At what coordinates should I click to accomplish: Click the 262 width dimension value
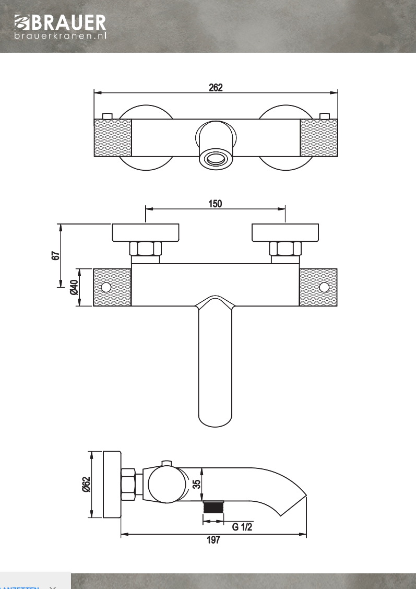point(216,88)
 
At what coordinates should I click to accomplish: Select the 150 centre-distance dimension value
point(215,204)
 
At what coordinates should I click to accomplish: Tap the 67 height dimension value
point(56,255)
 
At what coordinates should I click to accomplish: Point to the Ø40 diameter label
point(74,287)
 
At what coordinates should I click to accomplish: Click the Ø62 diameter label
point(86,485)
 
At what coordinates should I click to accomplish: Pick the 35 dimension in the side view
point(196,484)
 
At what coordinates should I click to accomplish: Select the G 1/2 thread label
point(242,527)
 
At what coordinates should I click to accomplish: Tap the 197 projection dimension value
point(213,540)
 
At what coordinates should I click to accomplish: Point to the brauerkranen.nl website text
point(61,37)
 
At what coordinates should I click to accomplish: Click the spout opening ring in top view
point(215,158)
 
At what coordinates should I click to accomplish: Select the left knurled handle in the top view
point(112,138)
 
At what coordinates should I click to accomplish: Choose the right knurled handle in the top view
point(319,138)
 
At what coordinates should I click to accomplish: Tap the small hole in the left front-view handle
point(106,287)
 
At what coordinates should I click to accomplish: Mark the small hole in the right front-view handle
point(324,287)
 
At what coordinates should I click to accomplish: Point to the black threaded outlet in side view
point(212,508)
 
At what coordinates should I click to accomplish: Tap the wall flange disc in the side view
point(112,485)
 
